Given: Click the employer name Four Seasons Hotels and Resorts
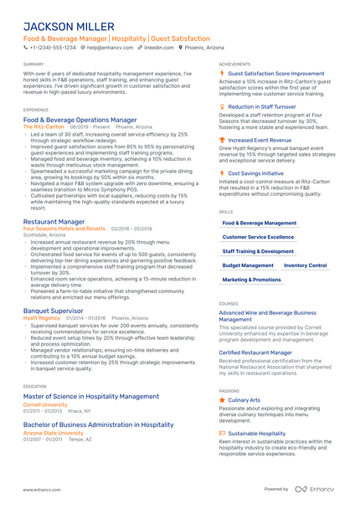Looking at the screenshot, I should point(64,228).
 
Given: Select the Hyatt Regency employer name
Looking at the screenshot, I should point(42,318).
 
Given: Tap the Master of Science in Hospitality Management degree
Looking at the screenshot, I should point(91,396).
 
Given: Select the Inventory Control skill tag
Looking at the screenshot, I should point(306,265).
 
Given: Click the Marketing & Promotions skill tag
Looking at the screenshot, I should point(252,279).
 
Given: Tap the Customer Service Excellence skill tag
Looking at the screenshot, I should point(258,237).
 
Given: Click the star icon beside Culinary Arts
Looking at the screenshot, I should point(223,400).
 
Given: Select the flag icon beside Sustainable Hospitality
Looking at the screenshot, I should point(223,433).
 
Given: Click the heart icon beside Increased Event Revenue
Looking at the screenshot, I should point(223,140).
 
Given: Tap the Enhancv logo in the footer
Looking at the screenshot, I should point(314,489).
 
